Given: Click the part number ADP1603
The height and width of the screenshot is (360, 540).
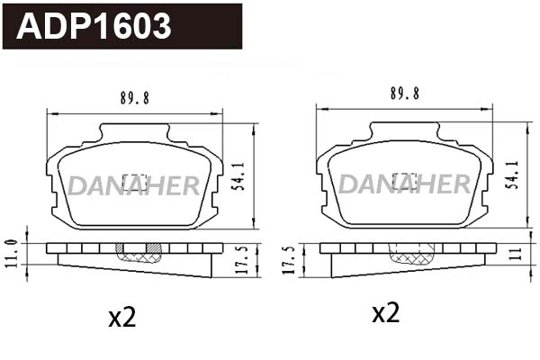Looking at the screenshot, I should coord(94,27).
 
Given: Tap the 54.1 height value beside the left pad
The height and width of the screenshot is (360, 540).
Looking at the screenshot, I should coord(237,175).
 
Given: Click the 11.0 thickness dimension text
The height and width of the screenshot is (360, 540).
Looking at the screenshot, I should coord(11,253).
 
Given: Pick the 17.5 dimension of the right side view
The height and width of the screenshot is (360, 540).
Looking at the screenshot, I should coord(289,259).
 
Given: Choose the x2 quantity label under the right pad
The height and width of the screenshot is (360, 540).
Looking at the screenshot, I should coord(385,313).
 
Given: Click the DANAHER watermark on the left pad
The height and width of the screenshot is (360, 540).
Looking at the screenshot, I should coord(133,186).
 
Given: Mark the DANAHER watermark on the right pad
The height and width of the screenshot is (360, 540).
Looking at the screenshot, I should coord(403,184).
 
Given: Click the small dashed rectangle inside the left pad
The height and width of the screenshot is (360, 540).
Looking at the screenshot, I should coord(134,178).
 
